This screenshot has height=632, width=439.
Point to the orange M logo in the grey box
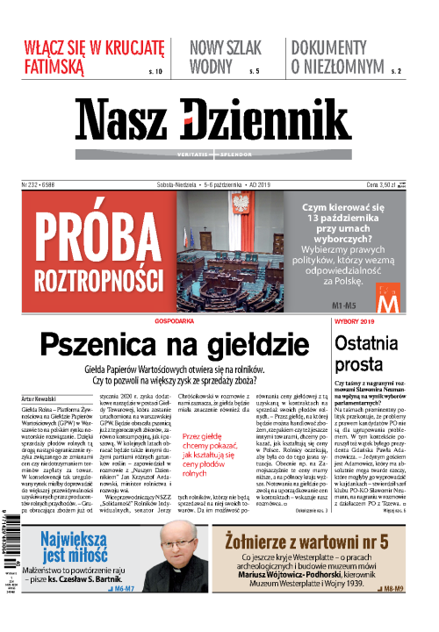click(387, 301)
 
